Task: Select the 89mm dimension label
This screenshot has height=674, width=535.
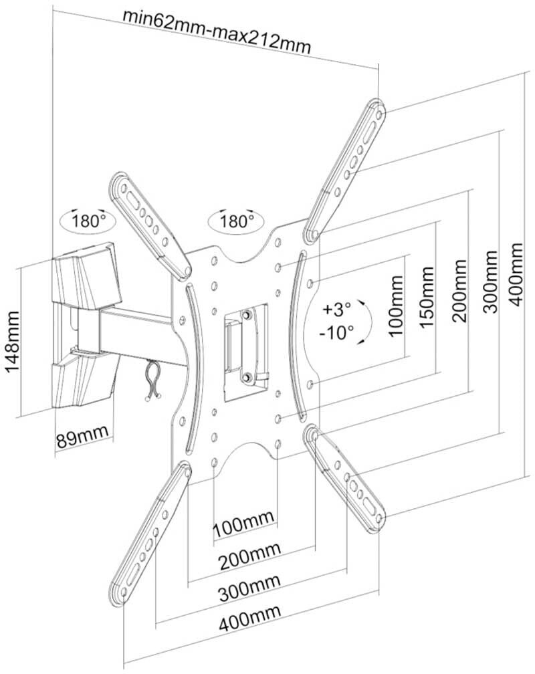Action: coord(82,436)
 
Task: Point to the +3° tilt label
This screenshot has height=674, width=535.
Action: coord(338,309)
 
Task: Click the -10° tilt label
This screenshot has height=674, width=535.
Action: coord(336,332)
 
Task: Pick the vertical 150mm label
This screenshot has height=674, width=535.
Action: coord(426,298)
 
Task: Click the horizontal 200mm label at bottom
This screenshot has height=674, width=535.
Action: coord(250,556)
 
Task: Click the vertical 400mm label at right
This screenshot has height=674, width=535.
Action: coord(516,274)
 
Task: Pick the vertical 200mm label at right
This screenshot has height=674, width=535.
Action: coord(459,290)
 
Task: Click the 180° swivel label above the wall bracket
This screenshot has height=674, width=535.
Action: coord(88,221)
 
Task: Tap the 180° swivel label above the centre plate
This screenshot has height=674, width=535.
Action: coord(237,221)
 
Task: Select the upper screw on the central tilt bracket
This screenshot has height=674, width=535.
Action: coord(247,315)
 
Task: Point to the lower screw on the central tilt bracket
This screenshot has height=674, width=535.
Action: coord(247,377)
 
